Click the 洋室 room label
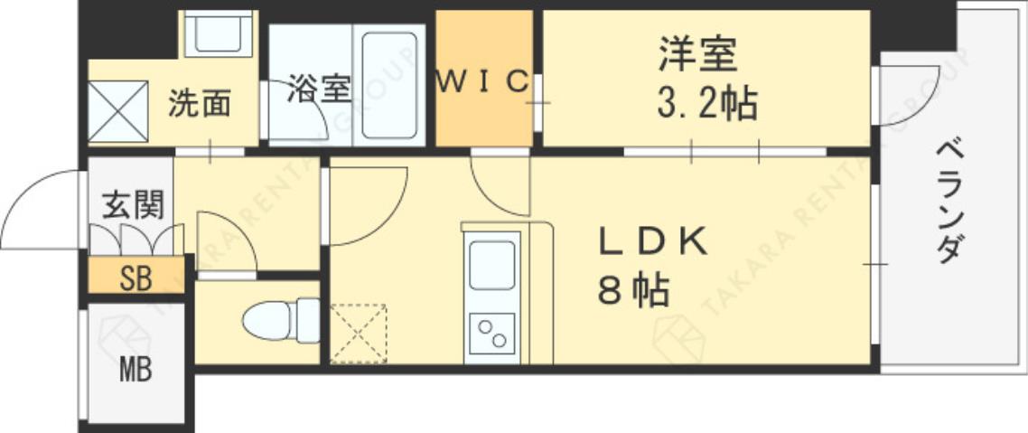697,55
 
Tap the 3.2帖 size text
706,105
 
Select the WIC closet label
483,82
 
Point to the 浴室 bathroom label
318,89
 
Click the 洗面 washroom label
200,104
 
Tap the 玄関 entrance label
133,205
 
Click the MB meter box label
135,370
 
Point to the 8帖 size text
632,291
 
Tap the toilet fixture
280,320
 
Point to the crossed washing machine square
117,111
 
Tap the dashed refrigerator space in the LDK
358,333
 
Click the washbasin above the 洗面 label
218,34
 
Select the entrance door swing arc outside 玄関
41,210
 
